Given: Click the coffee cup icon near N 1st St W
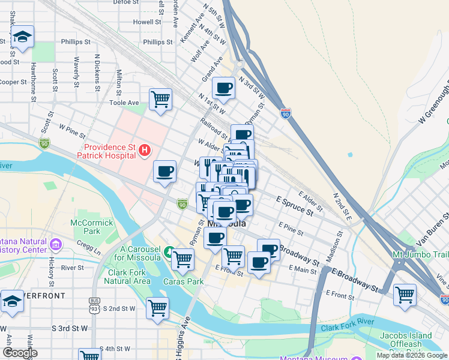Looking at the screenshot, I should click(x=223, y=88).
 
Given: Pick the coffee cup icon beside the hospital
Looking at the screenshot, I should click(x=164, y=172).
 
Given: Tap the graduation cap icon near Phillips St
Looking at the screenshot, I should click(x=23, y=37).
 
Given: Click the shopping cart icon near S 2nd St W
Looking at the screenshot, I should click(x=157, y=308).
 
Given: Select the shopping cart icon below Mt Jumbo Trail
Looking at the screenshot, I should click(x=405, y=295).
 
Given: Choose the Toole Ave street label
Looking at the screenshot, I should click(x=124, y=103).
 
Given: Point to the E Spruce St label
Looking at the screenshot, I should click(x=294, y=205).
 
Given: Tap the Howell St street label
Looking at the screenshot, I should click(x=148, y=22).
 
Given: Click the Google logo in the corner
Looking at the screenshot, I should click(x=19, y=353).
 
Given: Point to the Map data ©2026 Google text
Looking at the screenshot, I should click(x=411, y=355).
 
